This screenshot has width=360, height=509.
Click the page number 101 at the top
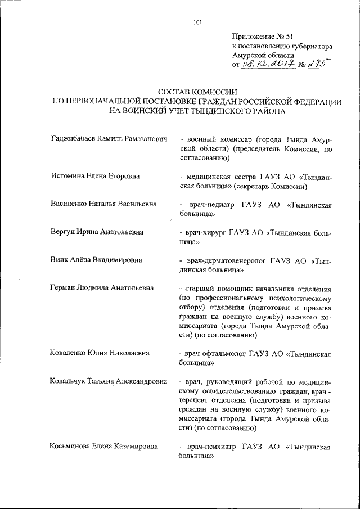[197, 22]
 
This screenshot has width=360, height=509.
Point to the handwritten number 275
[318, 65]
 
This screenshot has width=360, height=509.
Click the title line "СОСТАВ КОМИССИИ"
[197, 91]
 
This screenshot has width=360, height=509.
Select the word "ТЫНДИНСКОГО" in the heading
[220, 111]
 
